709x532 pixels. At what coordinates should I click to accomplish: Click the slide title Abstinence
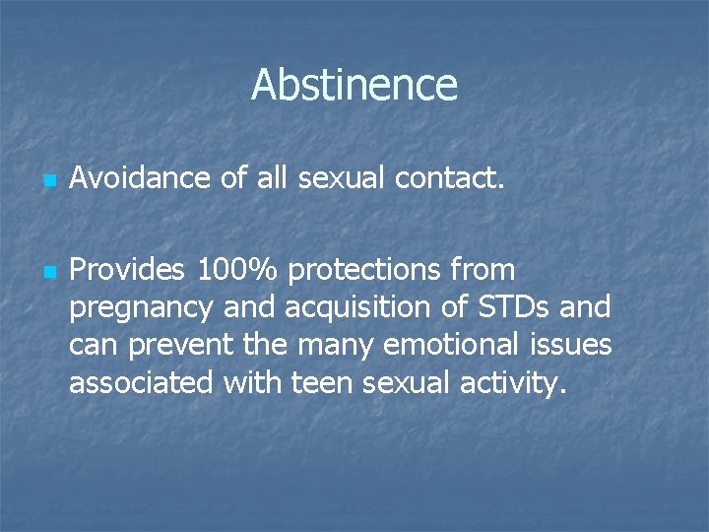[x=354, y=85]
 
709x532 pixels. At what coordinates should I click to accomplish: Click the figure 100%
[x=238, y=269]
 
